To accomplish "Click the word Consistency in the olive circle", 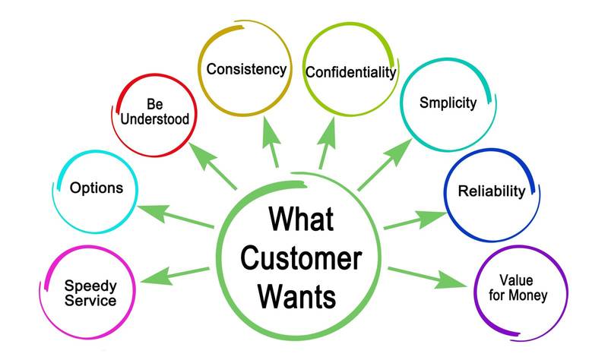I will pos(246,69).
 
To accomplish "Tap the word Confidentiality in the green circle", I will pos(350,72).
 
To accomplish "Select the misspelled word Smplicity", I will pos(448,102).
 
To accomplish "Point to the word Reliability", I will pos(491,191).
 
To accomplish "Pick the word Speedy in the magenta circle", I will pos(90,286).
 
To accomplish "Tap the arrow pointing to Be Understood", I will pos(212,166).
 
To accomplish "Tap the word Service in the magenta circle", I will pos(90,301).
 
